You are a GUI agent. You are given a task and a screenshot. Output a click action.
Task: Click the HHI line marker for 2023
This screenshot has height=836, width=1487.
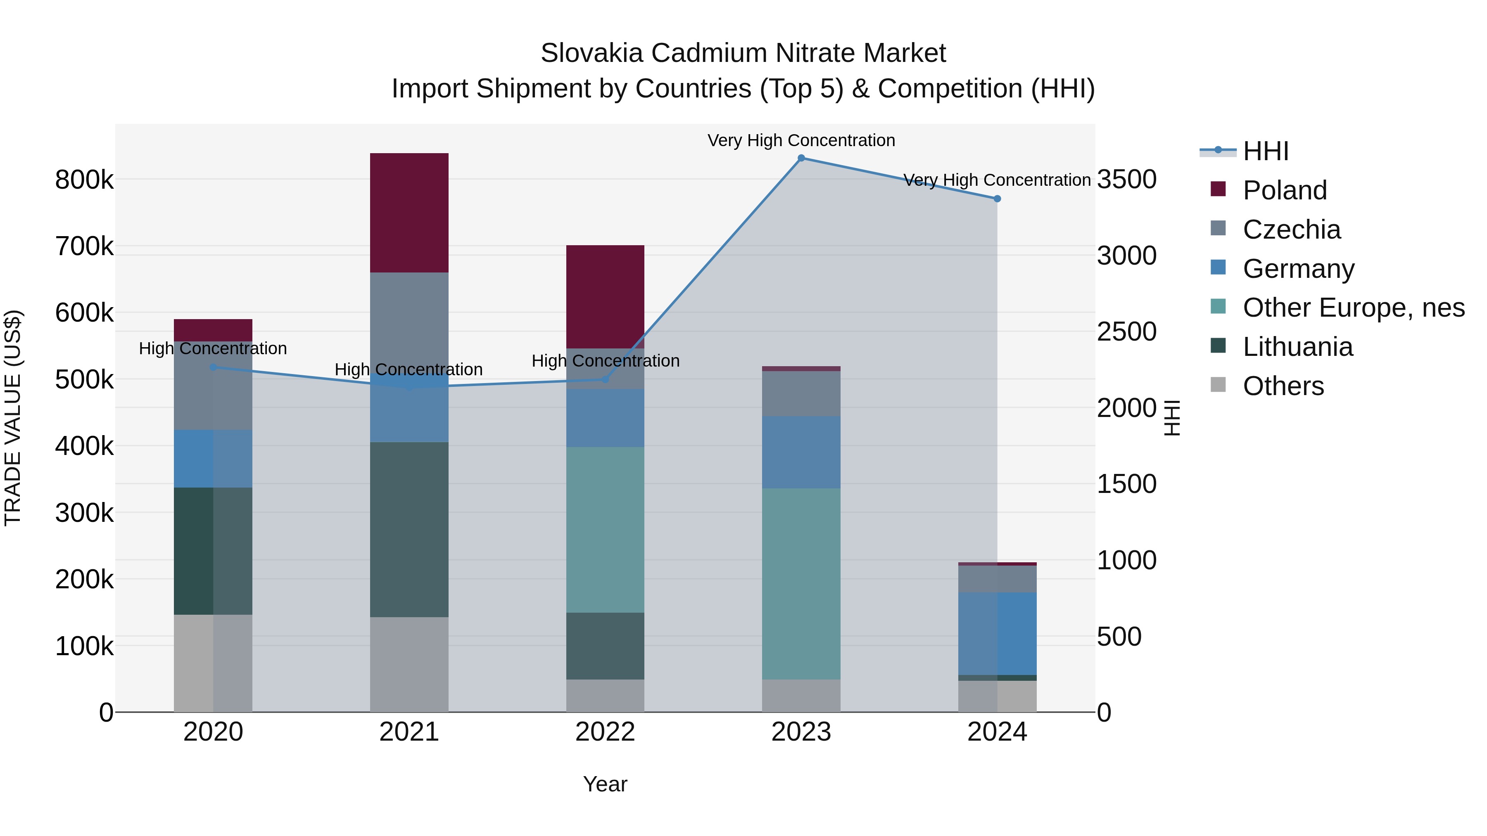pyautogui.click(x=801, y=158)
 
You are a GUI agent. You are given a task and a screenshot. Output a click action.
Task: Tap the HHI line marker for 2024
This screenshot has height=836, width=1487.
pyautogui.click(x=997, y=199)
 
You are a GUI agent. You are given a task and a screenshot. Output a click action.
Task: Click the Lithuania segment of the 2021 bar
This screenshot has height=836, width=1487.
pyautogui.click(x=409, y=529)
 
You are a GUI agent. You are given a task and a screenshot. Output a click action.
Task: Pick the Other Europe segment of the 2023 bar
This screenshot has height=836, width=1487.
pyautogui.click(x=801, y=583)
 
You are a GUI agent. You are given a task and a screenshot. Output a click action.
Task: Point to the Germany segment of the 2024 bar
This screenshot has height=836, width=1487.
pyautogui.click(x=997, y=633)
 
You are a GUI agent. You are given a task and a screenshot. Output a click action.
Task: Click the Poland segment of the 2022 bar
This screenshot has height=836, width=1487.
pyautogui.click(x=605, y=296)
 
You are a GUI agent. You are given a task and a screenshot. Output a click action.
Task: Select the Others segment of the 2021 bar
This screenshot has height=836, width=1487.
pyautogui.click(x=409, y=664)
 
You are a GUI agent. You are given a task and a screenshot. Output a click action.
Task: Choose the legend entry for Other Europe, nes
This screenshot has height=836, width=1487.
pyautogui.click(x=1353, y=308)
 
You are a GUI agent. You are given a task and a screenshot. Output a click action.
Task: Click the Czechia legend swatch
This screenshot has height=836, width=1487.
pyautogui.click(x=1218, y=228)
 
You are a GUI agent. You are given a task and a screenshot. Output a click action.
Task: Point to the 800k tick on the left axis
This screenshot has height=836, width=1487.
pyautogui.click(x=84, y=180)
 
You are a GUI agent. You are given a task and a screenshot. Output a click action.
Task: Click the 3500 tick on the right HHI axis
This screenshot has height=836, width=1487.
pyautogui.click(x=1126, y=180)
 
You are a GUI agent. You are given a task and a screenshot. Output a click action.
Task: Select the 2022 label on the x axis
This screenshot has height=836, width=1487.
pyautogui.click(x=605, y=732)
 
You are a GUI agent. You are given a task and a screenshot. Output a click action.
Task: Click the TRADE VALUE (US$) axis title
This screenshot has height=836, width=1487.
pyautogui.click(x=13, y=418)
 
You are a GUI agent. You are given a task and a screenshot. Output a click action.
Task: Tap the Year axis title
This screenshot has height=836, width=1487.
pyautogui.click(x=605, y=784)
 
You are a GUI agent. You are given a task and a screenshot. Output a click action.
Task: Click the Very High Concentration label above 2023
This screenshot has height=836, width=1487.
pyautogui.click(x=801, y=140)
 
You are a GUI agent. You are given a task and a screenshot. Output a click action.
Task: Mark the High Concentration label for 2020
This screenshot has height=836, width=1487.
pyautogui.click(x=213, y=348)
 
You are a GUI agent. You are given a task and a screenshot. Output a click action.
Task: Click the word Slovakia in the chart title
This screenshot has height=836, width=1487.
pyautogui.click(x=591, y=53)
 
